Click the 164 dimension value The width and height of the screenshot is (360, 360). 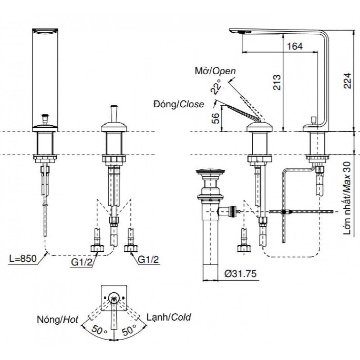[295, 46]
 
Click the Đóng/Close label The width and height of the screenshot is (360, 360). [178, 104]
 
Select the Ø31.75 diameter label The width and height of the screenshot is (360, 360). [240, 274]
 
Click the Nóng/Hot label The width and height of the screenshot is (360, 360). [58, 319]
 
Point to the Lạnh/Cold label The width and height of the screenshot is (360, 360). [169, 318]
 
